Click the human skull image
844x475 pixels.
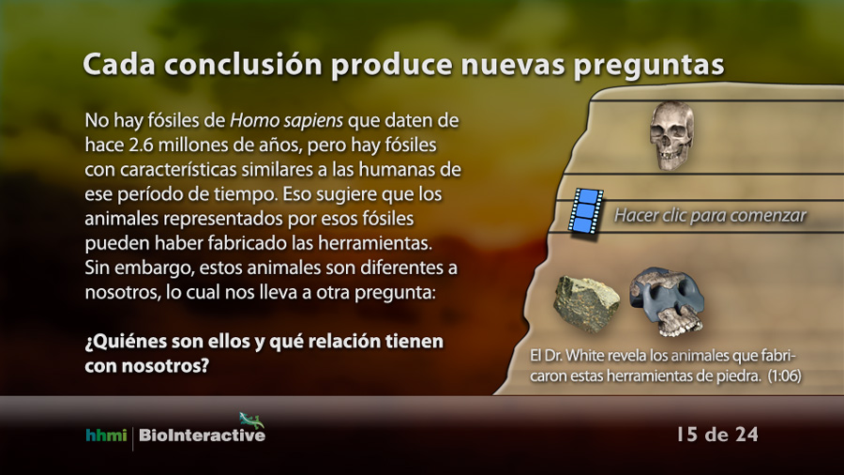[671, 135]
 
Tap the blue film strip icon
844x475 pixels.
[585, 210]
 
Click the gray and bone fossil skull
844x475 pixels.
[667, 301]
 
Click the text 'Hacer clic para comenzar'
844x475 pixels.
[710, 215]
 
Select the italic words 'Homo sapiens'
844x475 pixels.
[286, 121]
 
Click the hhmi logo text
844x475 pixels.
[106, 435]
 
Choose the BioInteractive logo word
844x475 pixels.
[202, 436]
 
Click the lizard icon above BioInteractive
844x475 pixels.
[251, 420]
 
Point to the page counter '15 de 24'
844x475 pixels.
[717, 434]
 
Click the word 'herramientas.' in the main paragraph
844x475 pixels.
[374, 243]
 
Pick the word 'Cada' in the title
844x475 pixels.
[119, 65]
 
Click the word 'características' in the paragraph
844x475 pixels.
[178, 170]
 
